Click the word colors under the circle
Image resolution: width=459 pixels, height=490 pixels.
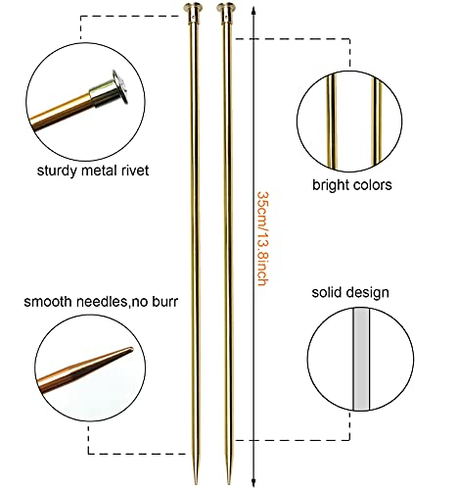point(372,185)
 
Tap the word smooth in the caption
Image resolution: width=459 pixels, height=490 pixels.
point(48,302)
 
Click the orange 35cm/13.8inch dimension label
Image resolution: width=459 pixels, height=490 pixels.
point(263,239)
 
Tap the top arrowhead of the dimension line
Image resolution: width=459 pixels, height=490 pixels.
point(253,11)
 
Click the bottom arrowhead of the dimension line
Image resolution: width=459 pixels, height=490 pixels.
point(253,482)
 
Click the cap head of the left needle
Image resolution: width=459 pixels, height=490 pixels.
point(193,7)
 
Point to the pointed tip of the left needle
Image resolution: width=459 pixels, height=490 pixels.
point(196,483)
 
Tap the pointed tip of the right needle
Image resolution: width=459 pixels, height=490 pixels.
point(229,483)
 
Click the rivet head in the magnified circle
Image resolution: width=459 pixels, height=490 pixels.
point(118,86)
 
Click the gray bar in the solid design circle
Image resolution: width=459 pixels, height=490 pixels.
point(361,359)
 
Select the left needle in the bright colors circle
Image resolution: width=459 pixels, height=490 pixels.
point(332,122)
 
